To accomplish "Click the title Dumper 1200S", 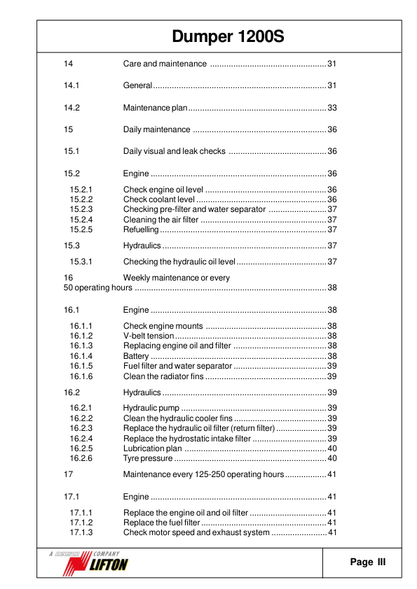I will (228, 37).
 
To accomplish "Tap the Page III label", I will (367, 562).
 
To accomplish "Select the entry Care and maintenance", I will (165, 64).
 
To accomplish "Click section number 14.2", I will (71, 108).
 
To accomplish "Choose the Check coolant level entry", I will (159, 199).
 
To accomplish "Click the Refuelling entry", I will (141, 229).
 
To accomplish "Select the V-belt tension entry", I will (149, 336).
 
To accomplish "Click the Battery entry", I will (135, 356).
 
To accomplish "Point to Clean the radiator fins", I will (163, 376).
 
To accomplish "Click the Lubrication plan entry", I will (153, 448).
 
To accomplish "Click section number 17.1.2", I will (82, 523).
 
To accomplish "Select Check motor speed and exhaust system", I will (196, 532).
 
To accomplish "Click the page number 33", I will (332, 108).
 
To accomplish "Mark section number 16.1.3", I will (82, 346).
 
